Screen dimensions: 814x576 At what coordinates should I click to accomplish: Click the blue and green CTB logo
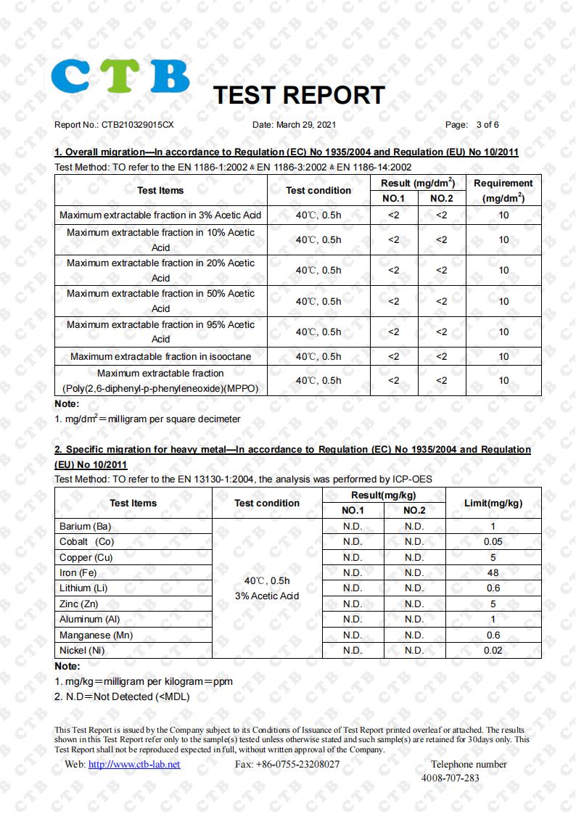(x=120, y=76)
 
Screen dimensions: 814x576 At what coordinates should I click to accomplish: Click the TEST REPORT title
(x=298, y=95)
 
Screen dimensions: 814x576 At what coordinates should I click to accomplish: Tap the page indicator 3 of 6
(x=487, y=125)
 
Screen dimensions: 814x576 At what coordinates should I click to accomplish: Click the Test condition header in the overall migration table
(x=318, y=191)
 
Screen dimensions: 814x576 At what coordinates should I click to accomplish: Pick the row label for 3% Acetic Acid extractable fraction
(x=160, y=215)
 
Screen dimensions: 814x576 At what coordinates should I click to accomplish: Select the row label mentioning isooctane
(x=160, y=356)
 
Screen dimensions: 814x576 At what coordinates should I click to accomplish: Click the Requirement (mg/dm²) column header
(x=503, y=191)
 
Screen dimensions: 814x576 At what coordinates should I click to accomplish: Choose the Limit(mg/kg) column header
(x=493, y=503)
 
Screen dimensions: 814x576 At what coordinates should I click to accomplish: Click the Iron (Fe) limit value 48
(x=493, y=573)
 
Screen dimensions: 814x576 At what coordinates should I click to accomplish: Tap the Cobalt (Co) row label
(x=86, y=542)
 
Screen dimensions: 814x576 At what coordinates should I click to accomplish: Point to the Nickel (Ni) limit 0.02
(x=493, y=651)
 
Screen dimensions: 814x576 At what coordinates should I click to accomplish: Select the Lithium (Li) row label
(x=83, y=588)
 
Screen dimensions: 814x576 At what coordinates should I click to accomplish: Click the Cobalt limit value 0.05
(x=493, y=542)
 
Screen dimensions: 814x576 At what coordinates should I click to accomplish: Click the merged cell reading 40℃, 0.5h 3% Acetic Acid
(x=266, y=588)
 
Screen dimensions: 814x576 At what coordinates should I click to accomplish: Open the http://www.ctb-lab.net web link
(x=133, y=764)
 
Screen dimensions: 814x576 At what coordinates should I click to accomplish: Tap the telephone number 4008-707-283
(x=450, y=778)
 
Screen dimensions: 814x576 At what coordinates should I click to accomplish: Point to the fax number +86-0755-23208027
(x=287, y=764)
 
